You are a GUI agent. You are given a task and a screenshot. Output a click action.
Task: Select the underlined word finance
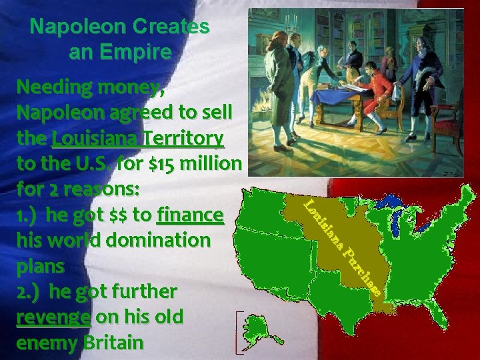click(x=190, y=215)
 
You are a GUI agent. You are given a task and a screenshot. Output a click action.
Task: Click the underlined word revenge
click(x=53, y=317)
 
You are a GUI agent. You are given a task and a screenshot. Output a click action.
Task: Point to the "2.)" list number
click(x=30, y=291)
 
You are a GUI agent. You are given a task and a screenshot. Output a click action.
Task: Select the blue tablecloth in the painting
click(x=347, y=100)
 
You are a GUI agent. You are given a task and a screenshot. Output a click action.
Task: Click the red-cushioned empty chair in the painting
click(x=407, y=110)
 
